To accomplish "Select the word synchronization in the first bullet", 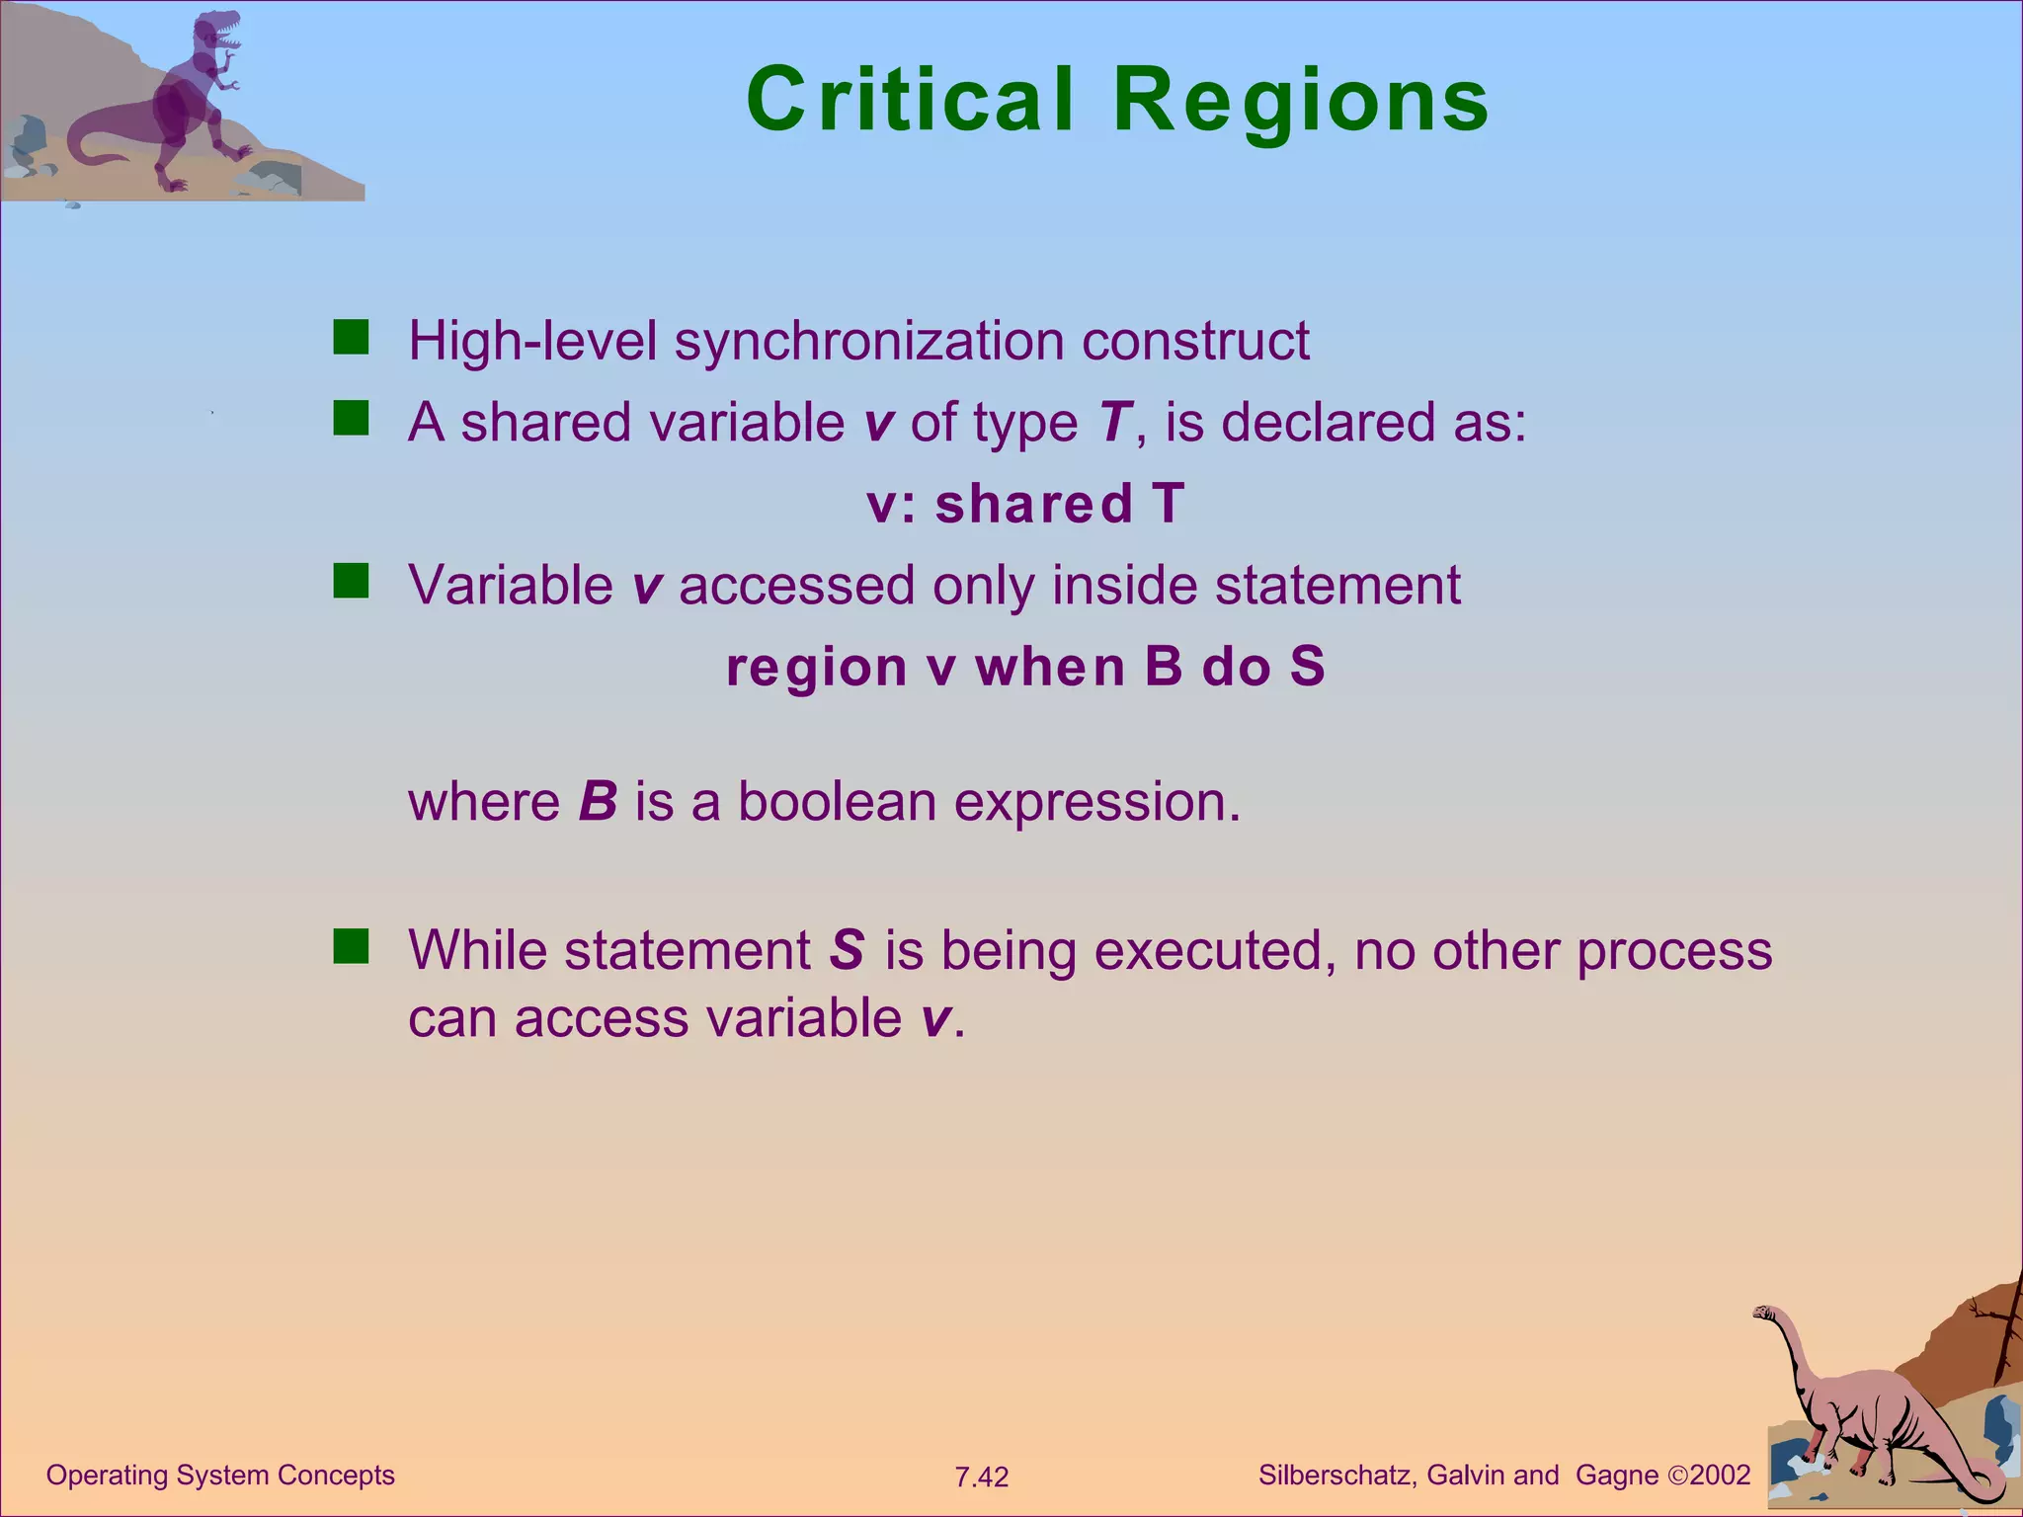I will [x=868, y=343].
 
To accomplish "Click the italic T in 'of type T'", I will [x=1113, y=423].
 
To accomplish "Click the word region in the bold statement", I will [x=816, y=669].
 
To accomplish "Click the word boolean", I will [x=837, y=802].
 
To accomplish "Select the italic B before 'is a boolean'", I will [x=598, y=802].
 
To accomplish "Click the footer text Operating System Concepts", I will [x=220, y=1476].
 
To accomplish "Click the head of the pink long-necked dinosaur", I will [x=1764, y=1314].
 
